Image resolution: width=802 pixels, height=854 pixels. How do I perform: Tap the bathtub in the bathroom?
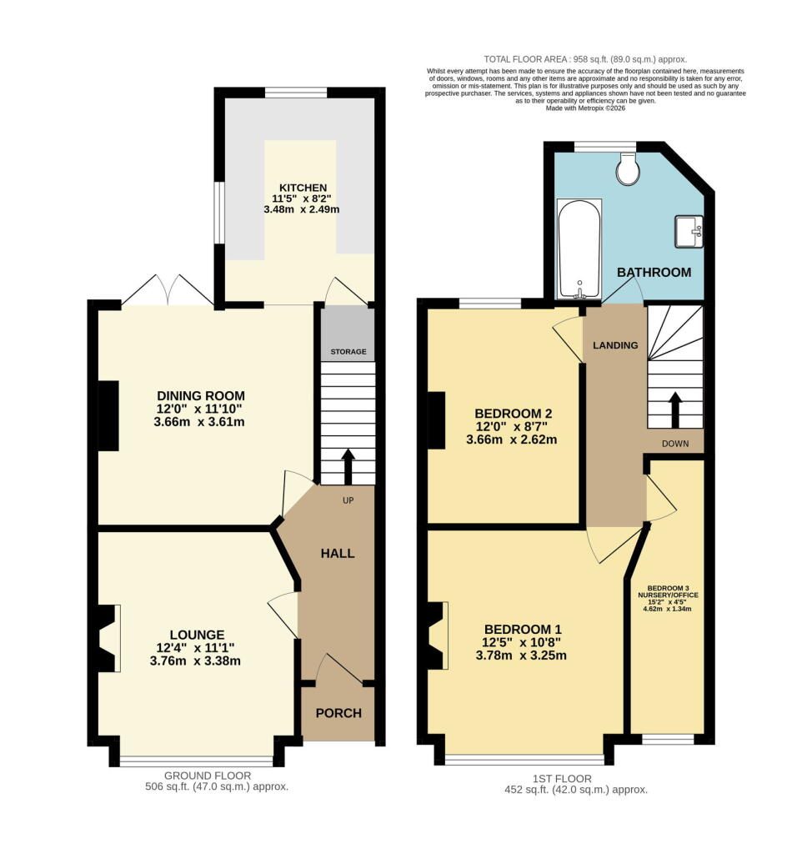(x=579, y=249)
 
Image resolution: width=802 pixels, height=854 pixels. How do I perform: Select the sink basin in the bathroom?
(x=689, y=232)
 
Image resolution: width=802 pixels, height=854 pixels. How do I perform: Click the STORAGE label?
(x=348, y=351)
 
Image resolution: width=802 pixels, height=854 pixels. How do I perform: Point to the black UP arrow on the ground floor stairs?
(x=348, y=467)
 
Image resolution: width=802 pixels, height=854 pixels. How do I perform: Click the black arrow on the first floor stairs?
(x=674, y=410)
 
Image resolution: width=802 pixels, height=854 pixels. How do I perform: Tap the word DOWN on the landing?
(x=675, y=444)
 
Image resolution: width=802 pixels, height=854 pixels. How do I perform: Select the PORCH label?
(x=338, y=713)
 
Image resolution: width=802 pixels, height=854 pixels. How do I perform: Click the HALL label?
(x=338, y=554)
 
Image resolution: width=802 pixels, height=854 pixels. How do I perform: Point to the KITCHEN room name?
(x=303, y=188)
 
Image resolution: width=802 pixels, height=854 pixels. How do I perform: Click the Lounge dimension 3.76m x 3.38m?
(x=195, y=661)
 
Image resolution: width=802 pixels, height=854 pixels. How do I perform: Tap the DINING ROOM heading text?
(x=201, y=396)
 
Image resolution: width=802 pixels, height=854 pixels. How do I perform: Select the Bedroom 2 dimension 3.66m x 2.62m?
(x=512, y=440)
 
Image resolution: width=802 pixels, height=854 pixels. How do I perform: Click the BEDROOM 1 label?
(x=524, y=629)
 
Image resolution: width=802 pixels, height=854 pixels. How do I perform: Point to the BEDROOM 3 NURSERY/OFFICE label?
(x=668, y=591)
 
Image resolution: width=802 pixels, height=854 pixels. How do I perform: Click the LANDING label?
(x=615, y=345)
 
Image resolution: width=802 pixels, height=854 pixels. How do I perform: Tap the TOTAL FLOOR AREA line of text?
(x=585, y=59)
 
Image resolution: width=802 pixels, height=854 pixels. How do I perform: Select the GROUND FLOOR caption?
(x=208, y=776)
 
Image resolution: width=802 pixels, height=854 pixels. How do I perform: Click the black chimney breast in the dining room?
(x=108, y=415)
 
